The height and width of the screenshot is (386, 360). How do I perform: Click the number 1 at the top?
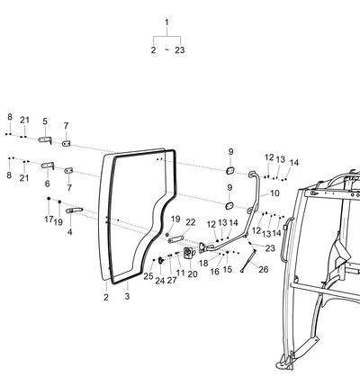point(166,22)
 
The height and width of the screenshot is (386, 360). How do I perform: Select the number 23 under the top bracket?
point(180,50)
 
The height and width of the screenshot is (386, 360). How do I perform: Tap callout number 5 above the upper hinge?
point(45,121)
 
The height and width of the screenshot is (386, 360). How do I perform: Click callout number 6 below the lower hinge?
point(48,184)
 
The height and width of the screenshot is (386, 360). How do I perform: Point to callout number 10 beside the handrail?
point(274,193)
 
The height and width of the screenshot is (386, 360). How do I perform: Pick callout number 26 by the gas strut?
point(264,269)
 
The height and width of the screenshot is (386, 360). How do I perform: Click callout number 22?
point(191,222)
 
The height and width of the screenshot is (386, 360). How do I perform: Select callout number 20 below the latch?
point(193,274)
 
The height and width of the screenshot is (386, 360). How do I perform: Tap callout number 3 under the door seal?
point(127,296)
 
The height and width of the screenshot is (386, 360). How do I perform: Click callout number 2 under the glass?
point(106,297)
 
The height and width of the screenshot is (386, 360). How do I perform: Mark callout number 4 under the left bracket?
point(70,232)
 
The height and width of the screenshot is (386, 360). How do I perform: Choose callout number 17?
point(49,220)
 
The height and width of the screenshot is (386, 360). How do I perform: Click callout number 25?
point(148,276)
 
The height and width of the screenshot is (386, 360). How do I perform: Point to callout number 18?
point(203,264)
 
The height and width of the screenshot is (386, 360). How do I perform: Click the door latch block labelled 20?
point(189,253)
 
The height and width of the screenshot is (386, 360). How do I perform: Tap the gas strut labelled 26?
point(248,261)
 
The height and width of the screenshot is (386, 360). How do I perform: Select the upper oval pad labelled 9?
point(230,171)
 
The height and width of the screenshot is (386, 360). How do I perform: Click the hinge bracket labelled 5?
point(45,139)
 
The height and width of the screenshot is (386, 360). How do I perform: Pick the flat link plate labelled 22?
point(175,239)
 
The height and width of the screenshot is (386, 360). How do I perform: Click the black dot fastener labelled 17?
point(49,198)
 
